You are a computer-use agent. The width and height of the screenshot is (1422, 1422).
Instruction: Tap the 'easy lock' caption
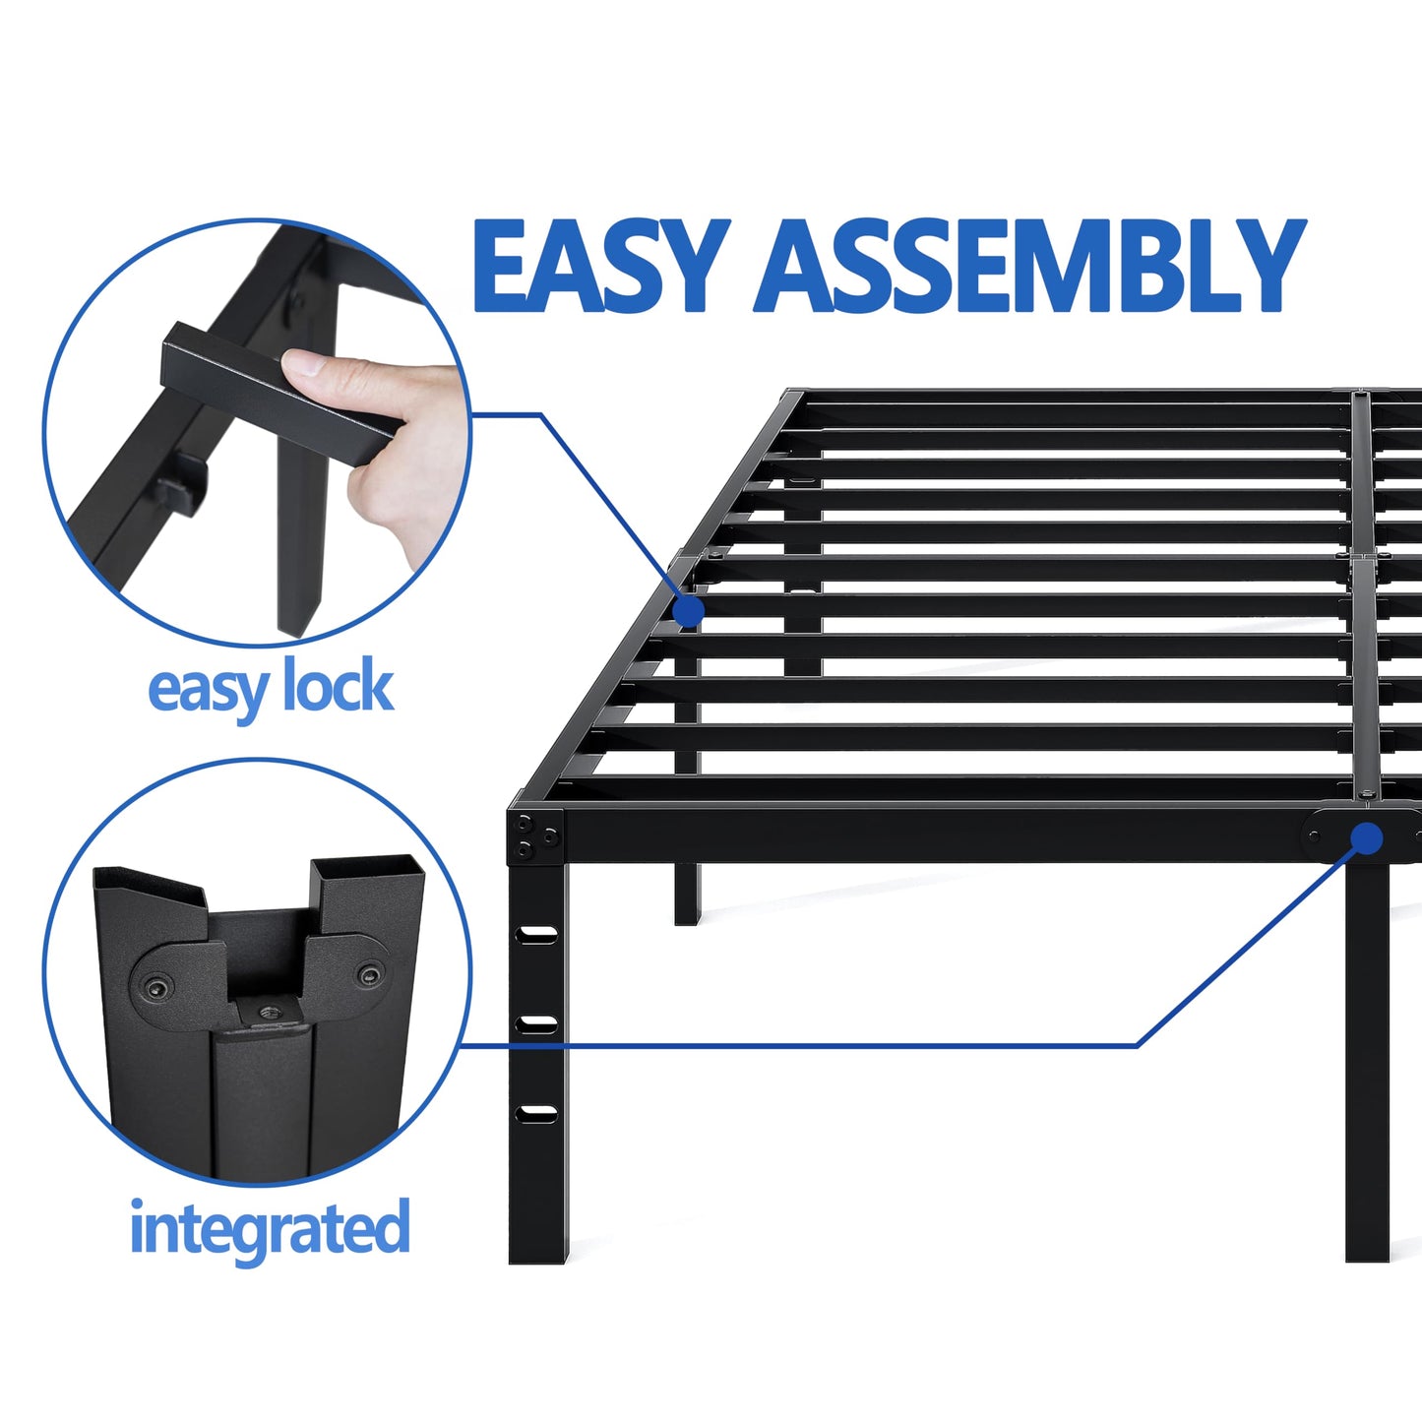271,688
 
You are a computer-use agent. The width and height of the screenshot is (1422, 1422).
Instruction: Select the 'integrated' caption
270,1228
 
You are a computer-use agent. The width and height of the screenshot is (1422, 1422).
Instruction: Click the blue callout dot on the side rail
689,611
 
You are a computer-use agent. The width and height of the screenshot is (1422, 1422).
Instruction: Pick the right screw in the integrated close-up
369,975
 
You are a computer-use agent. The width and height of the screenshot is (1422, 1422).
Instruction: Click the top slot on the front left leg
537,934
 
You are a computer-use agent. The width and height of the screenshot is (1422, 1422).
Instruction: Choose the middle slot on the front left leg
537,1024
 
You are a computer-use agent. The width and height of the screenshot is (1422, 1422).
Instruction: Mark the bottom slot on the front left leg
537,1114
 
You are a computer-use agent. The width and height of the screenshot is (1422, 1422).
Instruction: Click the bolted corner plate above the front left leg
535,837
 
